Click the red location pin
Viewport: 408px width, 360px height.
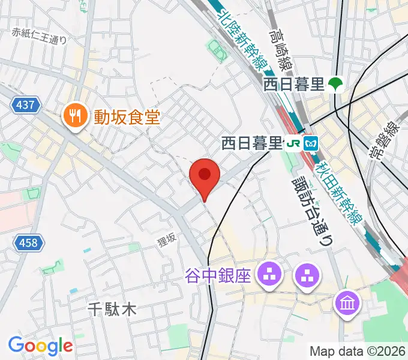pyautogui.click(x=204, y=176)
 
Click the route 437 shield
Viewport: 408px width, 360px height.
pyautogui.click(x=26, y=105)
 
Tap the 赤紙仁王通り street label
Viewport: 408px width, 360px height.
pyautogui.click(x=39, y=35)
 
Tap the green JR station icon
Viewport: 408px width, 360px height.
pyautogui.click(x=293, y=143)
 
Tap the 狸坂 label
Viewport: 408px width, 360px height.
pyautogui.click(x=166, y=239)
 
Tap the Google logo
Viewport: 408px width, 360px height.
pyautogui.click(x=40, y=346)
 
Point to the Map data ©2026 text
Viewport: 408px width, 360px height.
pyautogui.click(x=357, y=351)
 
